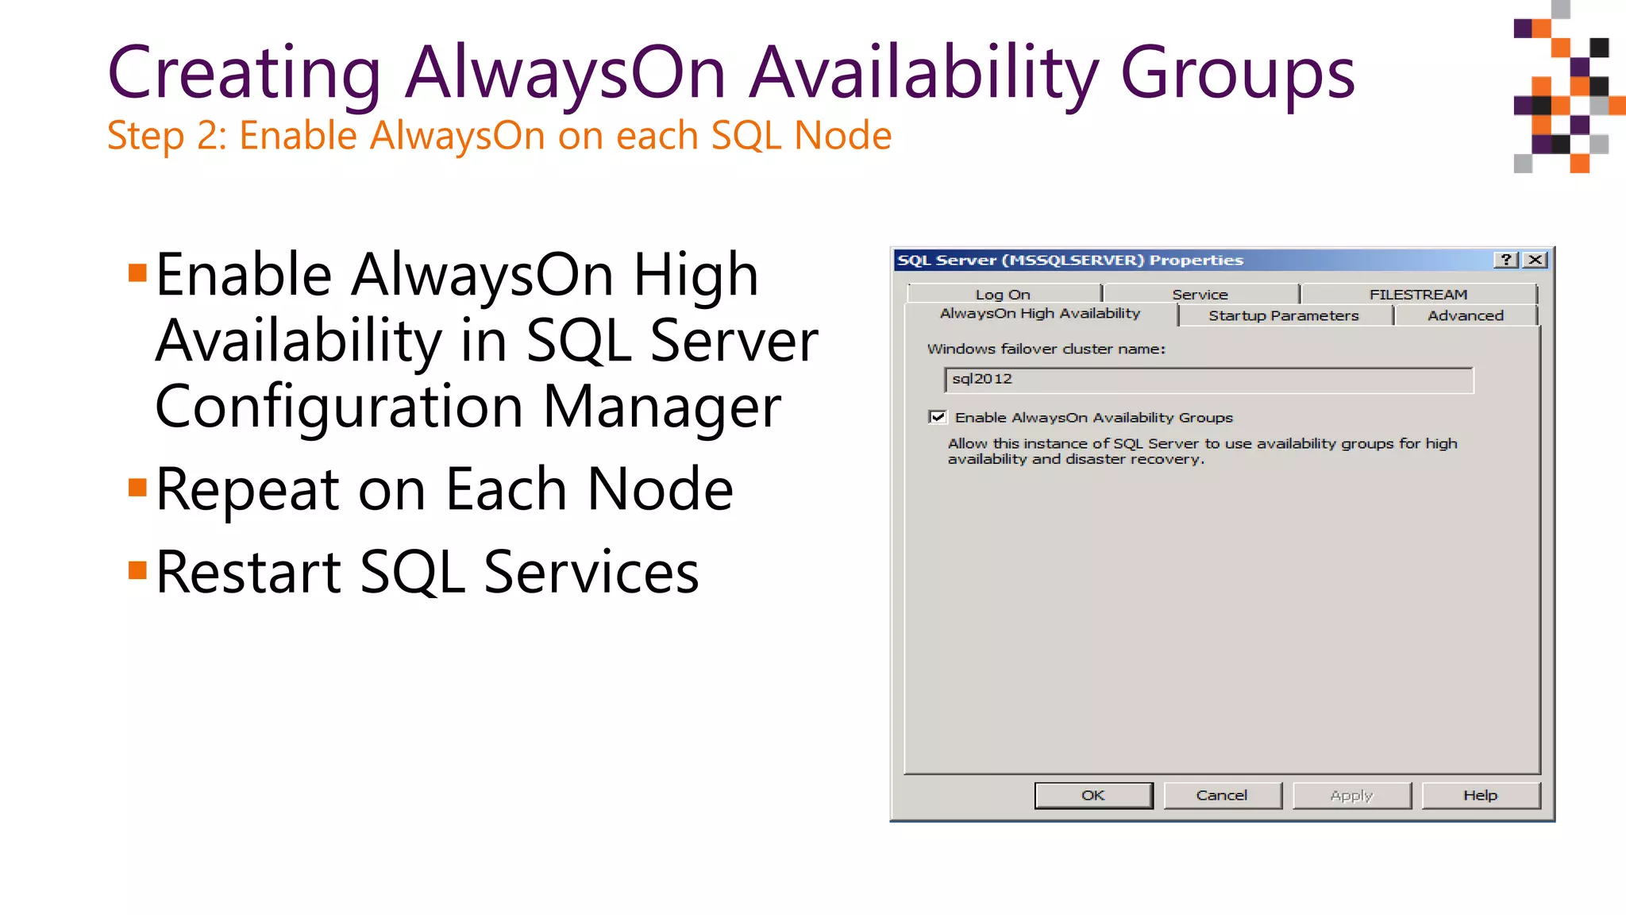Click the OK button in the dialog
coord(1093,795)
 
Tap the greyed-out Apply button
coord(1351,795)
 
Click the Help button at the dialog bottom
coord(1481,795)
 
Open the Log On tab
coord(1003,294)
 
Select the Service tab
coord(1200,294)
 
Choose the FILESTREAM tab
coord(1418,294)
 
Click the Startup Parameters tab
coord(1284,315)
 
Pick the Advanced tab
coord(1466,315)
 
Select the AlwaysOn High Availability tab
coord(1040,314)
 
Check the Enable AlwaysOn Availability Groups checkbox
coord(938,417)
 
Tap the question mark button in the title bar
coord(1506,260)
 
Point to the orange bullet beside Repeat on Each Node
coord(137,487)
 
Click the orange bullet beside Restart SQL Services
coord(137,569)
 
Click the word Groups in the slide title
coord(1238,73)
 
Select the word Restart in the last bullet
coord(249,572)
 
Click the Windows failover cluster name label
coord(1046,349)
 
